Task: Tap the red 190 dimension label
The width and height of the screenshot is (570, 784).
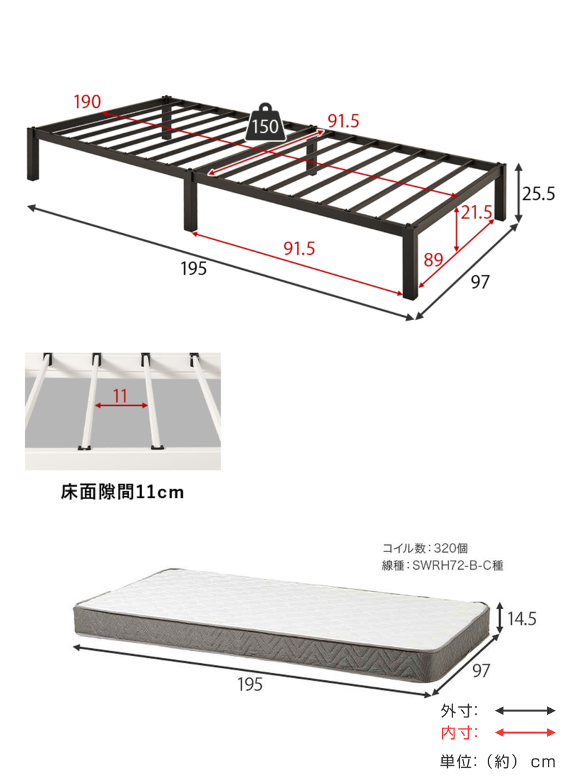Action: coord(87,101)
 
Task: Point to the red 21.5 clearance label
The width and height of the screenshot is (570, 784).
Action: coord(477,212)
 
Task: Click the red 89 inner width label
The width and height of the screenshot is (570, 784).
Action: coord(433,259)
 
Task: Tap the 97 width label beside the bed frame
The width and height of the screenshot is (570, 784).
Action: coord(480,282)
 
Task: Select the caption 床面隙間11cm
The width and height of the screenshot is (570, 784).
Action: coord(122,492)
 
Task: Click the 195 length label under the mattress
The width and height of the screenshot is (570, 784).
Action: coord(249,684)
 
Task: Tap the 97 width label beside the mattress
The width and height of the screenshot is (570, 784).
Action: coord(480,670)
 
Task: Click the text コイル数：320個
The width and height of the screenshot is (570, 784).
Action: coord(424,547)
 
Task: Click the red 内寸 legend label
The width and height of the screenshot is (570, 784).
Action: coord(459,733)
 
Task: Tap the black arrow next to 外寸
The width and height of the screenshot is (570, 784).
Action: coord(525,711)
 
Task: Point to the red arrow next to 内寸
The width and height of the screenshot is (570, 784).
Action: coord(525,733)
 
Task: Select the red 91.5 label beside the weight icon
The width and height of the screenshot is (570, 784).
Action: coord(343,121)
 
